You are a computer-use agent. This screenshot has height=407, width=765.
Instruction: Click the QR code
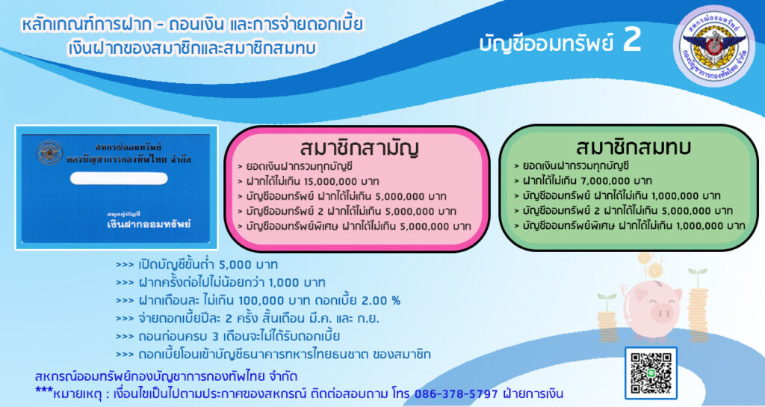click(x=651, y=373)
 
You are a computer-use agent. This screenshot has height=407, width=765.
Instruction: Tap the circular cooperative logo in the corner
click(x=713, y=46)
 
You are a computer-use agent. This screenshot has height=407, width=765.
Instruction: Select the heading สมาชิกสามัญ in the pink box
click(x=359, y=147)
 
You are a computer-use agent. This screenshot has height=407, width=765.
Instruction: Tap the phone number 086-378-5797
click(x=456, y=394)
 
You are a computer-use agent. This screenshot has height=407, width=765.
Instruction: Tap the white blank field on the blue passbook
click(x=119, y=178)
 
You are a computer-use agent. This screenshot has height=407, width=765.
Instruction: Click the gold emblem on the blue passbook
click(x=49, y=153)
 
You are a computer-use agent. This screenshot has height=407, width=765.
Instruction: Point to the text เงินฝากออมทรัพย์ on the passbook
click(x=149, y=224)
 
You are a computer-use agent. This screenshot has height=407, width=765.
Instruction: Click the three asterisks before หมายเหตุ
click(x=43, y=391)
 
